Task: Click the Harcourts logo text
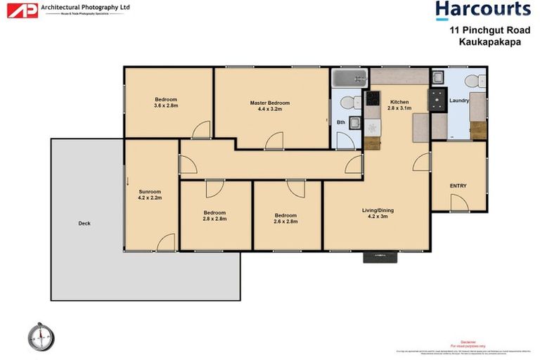(482, 10)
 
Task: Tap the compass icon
(41, 337)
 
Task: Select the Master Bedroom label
(269, 103)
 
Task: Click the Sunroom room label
(150, 191)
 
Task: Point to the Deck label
(84, 224)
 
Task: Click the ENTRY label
(458, 186)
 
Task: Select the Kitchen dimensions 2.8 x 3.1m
(399, 109)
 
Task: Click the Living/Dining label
(377, 210)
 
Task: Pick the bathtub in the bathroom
(347, 77)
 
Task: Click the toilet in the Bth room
(347, 103)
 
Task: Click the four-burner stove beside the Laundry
(438, 98)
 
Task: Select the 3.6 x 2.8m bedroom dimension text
(166, 106)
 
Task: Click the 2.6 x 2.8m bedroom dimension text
(285, 221)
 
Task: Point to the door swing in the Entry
(458, 203)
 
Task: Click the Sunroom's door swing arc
(166, 243)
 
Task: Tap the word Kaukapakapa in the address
(488, 41)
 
